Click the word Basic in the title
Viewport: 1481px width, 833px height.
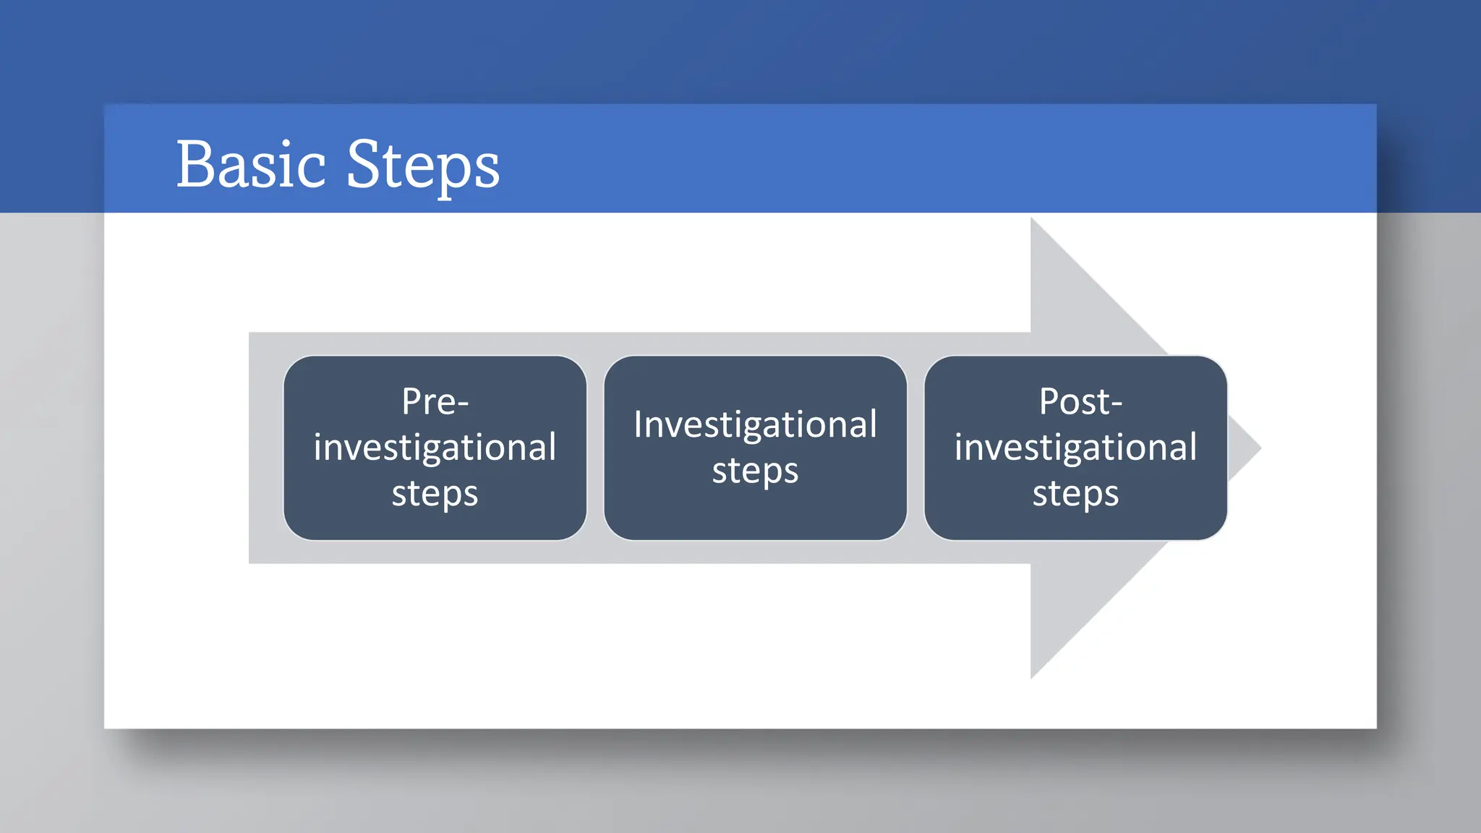coord(251,165)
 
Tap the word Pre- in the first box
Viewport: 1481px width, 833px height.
coord(435,401)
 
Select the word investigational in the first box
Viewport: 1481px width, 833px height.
coord(435,448)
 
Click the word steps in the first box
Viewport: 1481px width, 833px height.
coord(435,495)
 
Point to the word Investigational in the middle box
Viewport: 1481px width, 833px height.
coord(755,424)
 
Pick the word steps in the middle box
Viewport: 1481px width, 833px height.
coord(755,471)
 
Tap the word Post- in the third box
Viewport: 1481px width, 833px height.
coord(1080,401)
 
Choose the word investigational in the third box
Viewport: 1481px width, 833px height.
coord(1075,448)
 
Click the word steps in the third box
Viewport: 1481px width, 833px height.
coord(1075,495)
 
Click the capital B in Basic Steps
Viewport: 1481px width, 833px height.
coord(195,165)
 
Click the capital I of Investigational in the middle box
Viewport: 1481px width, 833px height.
coord(638,424)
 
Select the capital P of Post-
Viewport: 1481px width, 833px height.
coord(1050,401)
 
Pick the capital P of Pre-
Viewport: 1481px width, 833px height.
coord(412,401)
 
